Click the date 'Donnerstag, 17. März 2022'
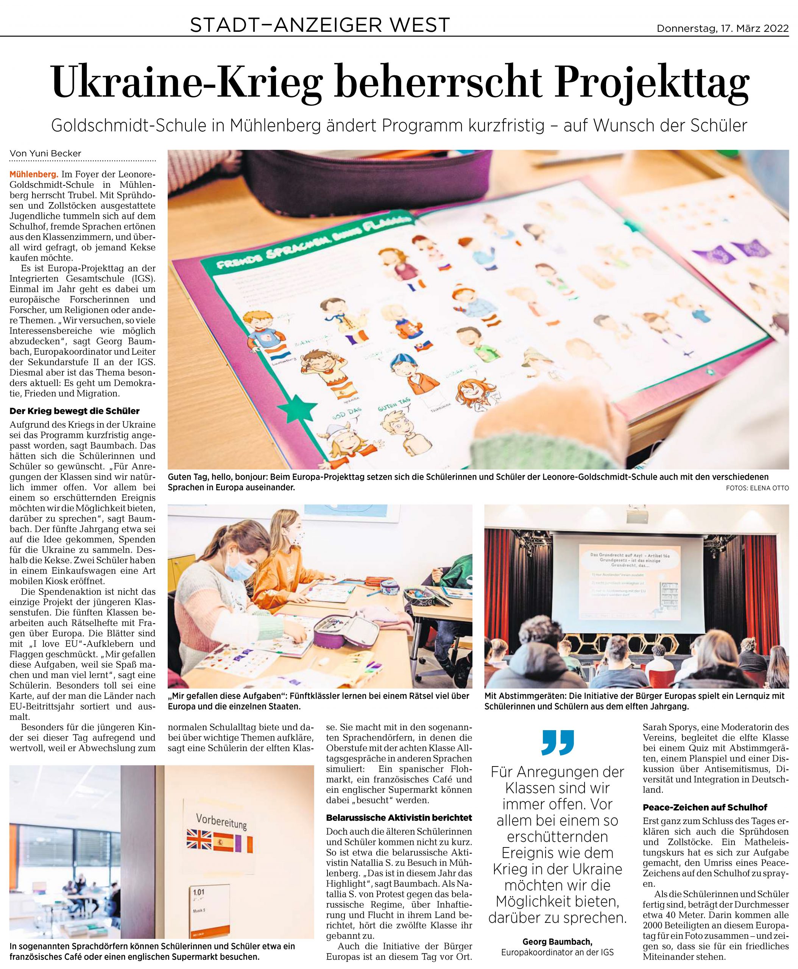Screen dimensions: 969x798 [x=723, y=28]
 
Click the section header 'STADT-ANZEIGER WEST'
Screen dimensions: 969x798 [x=320, y=25]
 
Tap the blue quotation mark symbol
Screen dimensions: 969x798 [x=558, y=742]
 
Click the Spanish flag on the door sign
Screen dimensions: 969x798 [x=224, y=841]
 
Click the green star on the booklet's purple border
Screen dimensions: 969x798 [x=298, y=405]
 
